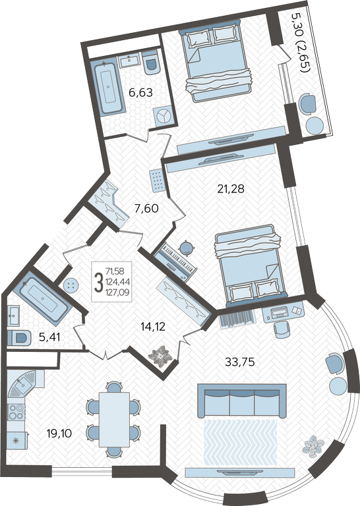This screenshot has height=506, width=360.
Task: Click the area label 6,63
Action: tap(140, 93)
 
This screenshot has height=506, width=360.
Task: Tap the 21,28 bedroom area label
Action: tap(231, 188)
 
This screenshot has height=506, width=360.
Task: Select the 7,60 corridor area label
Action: tap(146, 208)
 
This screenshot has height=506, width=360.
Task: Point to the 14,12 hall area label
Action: tap(153, 327)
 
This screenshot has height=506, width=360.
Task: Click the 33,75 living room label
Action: tap(240, 362)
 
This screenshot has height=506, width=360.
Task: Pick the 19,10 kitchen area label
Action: tap(59, 434)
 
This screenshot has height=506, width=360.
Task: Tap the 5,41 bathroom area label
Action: tap(49, 337)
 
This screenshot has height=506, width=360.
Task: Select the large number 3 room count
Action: tap(98, 281)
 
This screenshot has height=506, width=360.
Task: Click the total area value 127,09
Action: tap(118, 293)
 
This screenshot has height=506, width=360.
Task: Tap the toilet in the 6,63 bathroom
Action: tap(150, 61)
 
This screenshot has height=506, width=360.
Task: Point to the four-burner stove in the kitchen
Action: tap(16, 412)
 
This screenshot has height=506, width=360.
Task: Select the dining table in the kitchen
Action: tap(114, 420)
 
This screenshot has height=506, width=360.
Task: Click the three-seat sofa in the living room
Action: tap(242, 401)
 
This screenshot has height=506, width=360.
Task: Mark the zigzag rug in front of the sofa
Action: tap(241, 443)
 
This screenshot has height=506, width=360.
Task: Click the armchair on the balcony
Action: tap(308, 104)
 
